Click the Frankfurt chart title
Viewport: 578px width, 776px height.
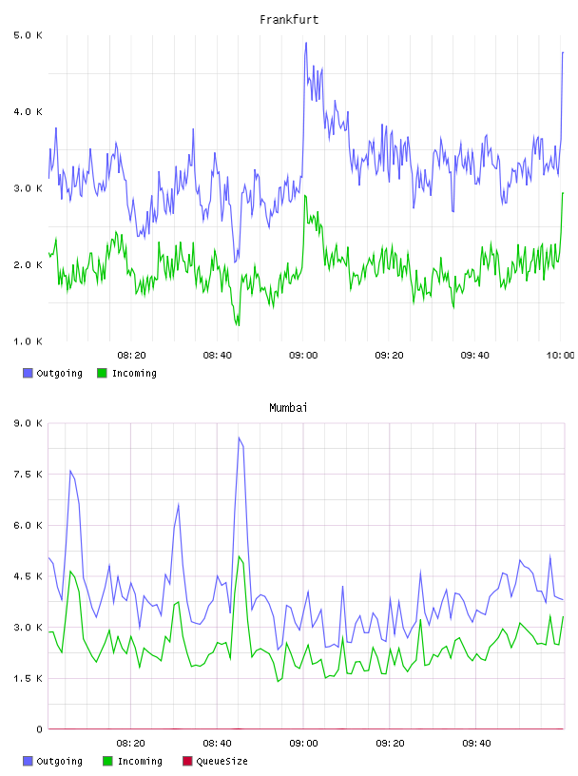click(289, 20)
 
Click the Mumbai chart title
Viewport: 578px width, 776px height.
click(288, 408)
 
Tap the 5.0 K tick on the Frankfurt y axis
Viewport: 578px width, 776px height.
click(28, 35)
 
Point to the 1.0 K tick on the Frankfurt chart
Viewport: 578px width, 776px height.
click(28, 341)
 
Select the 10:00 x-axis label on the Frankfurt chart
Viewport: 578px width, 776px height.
click(560, 356)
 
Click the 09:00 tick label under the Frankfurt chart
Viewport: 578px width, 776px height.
click(303, 356)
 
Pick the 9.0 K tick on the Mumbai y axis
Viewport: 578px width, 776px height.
click(28, 423)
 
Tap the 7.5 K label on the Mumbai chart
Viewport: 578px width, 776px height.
click(28, 475)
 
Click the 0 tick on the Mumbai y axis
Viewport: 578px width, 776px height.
click(39, 729)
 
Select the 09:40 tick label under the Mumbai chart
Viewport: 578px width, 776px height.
click(476, 744)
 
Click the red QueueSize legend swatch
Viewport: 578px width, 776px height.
click(187, 761)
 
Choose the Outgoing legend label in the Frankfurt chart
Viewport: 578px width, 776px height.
click(59, 373)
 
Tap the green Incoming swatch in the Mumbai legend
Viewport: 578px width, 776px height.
click(107, 761)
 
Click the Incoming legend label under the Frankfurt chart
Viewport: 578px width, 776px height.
click(134, 373)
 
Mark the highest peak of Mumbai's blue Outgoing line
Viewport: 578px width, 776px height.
click(239, 437)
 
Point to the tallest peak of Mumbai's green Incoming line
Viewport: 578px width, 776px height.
click(239, 556)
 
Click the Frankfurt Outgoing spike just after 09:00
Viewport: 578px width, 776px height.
click(306, 43)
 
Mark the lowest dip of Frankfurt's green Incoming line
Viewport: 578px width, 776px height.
click(239, 325)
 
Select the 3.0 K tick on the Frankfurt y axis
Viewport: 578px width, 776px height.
click(28, 188)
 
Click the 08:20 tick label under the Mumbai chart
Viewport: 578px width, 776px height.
click(130, 744)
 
